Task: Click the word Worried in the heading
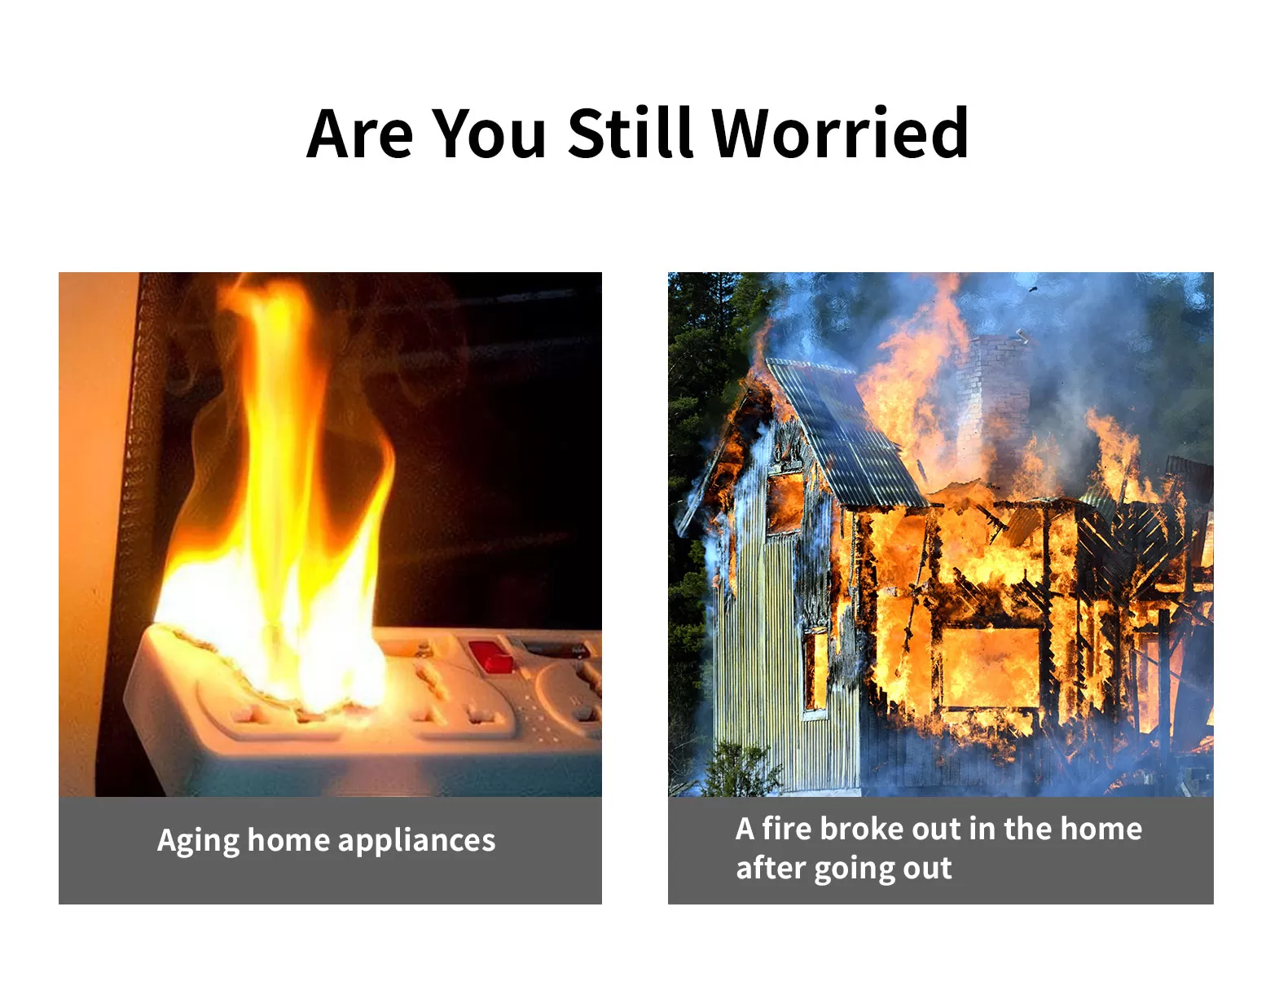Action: point(841,133)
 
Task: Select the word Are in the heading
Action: point(359,134)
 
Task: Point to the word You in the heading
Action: point(489,134)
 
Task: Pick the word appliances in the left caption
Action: point(417,841)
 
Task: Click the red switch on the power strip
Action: point(491,656)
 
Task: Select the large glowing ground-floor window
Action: point(990,667)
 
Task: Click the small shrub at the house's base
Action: point(743,768)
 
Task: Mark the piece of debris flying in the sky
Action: point(1033,289)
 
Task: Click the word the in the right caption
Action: point(1026,829)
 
